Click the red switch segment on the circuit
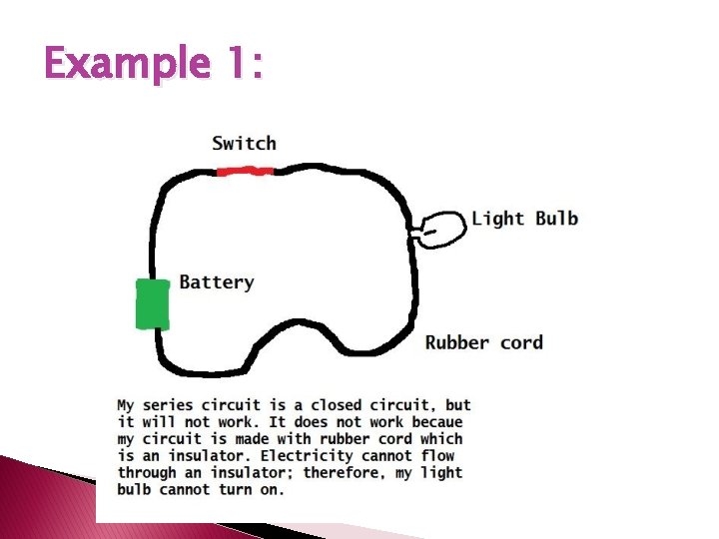coord(246,171)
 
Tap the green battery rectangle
coord(153,303)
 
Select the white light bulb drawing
coord(440,229)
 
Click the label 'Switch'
coord(244,143)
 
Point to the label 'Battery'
coord(216,282)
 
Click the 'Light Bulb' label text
coord(524,219)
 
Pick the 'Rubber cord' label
coord(484,342)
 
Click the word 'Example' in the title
coord(126,66)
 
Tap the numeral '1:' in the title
coord(244,66)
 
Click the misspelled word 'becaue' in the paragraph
coord(437,422)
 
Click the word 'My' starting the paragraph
coord(126,405)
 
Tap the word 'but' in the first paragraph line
coord(458,405)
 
